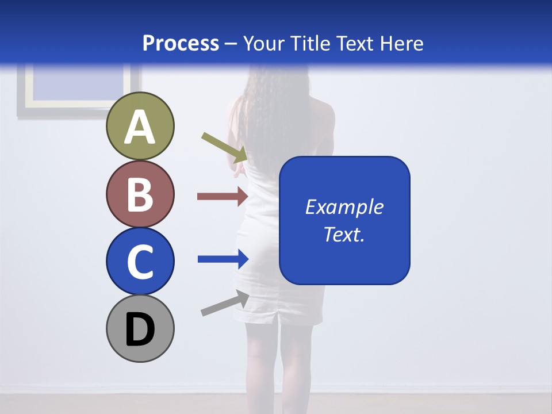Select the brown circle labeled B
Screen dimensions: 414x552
[x=140, y=194]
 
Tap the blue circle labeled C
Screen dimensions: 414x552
[x=140, y=261]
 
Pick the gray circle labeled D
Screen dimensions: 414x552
[x=140, y=328]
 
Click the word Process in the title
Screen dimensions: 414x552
[x=181, y=43]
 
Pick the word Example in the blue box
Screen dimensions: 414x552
[x=344, y=207]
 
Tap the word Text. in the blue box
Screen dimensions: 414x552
[x=344, y=234]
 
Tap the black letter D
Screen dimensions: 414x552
[x=140, y=330]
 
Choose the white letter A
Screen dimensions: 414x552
[x=140, y=128]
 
